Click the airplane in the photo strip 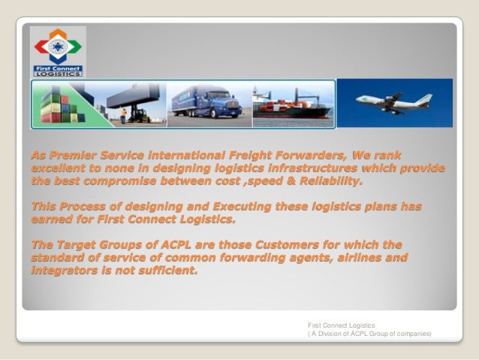tap(390, 102)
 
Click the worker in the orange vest tap(123, 114)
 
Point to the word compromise tap(127, 181)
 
